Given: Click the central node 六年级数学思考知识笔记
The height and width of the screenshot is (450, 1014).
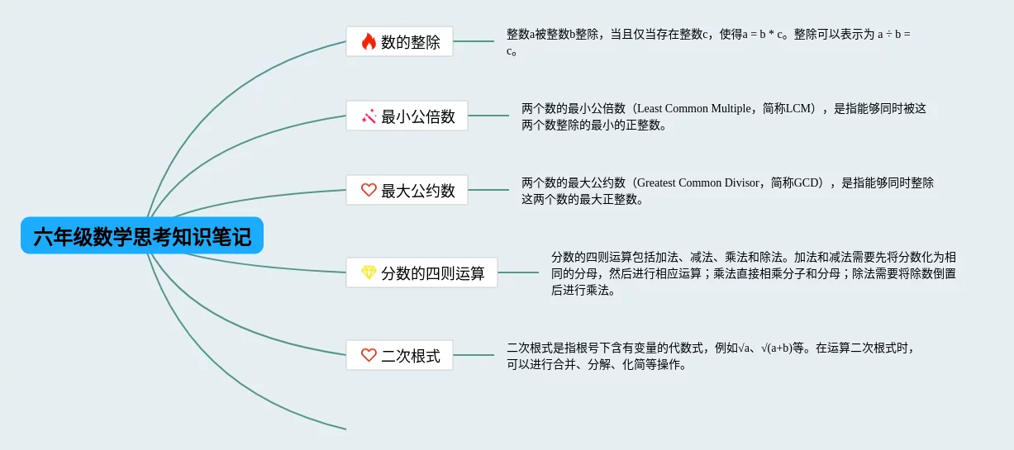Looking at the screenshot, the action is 142,235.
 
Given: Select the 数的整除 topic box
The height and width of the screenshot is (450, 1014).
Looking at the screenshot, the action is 400,41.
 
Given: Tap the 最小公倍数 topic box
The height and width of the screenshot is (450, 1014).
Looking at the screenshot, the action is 407,116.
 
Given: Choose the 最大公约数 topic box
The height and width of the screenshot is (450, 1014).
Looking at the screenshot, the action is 407,190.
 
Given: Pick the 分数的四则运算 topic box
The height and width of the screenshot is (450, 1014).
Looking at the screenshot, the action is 422,272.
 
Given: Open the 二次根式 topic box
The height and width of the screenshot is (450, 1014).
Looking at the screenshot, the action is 400,355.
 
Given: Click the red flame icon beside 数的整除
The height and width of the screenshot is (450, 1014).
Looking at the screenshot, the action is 369,41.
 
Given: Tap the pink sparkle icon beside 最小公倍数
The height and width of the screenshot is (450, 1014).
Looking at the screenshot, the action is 369,116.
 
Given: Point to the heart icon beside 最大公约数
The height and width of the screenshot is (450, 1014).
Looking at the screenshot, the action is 369,190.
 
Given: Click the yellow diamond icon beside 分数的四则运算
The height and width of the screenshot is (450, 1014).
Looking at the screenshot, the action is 369,272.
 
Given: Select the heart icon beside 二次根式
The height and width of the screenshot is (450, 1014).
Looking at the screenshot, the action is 369,355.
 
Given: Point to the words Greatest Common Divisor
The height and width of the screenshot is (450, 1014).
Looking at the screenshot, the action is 698,182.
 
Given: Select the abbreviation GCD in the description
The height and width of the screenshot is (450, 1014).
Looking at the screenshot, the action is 806,182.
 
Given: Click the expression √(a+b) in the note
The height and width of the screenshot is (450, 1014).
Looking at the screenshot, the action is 776,348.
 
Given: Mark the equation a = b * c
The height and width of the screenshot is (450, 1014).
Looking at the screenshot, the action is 762,35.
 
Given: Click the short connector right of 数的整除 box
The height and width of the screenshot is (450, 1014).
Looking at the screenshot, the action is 474,41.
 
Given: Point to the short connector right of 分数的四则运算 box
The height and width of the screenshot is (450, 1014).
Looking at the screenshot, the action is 518,272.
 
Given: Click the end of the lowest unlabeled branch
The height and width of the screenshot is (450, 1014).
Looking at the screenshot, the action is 345,429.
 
